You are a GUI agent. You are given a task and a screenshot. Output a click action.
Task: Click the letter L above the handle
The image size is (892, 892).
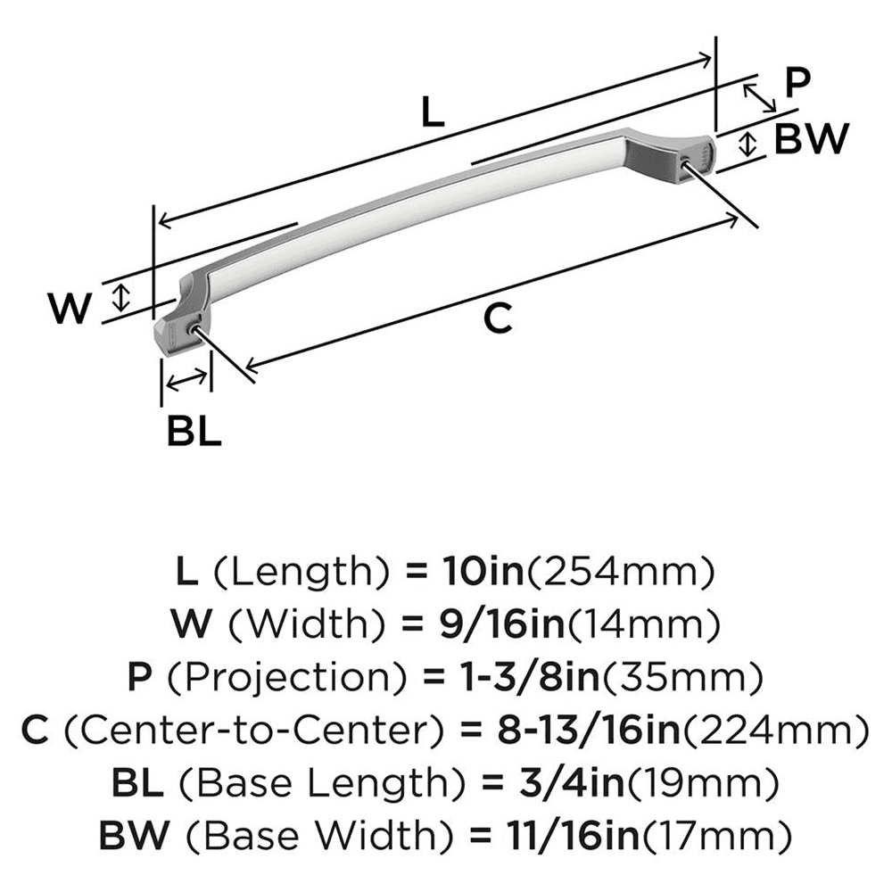[431, 112]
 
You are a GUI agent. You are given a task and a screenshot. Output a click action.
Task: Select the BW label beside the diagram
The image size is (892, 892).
[809, 138]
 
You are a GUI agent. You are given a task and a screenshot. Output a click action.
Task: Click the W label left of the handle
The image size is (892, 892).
[70, 309]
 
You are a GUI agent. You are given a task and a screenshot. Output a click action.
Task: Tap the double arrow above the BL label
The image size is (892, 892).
[186, 381]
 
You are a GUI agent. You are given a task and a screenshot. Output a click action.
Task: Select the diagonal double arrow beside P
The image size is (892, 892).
[759, 96]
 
